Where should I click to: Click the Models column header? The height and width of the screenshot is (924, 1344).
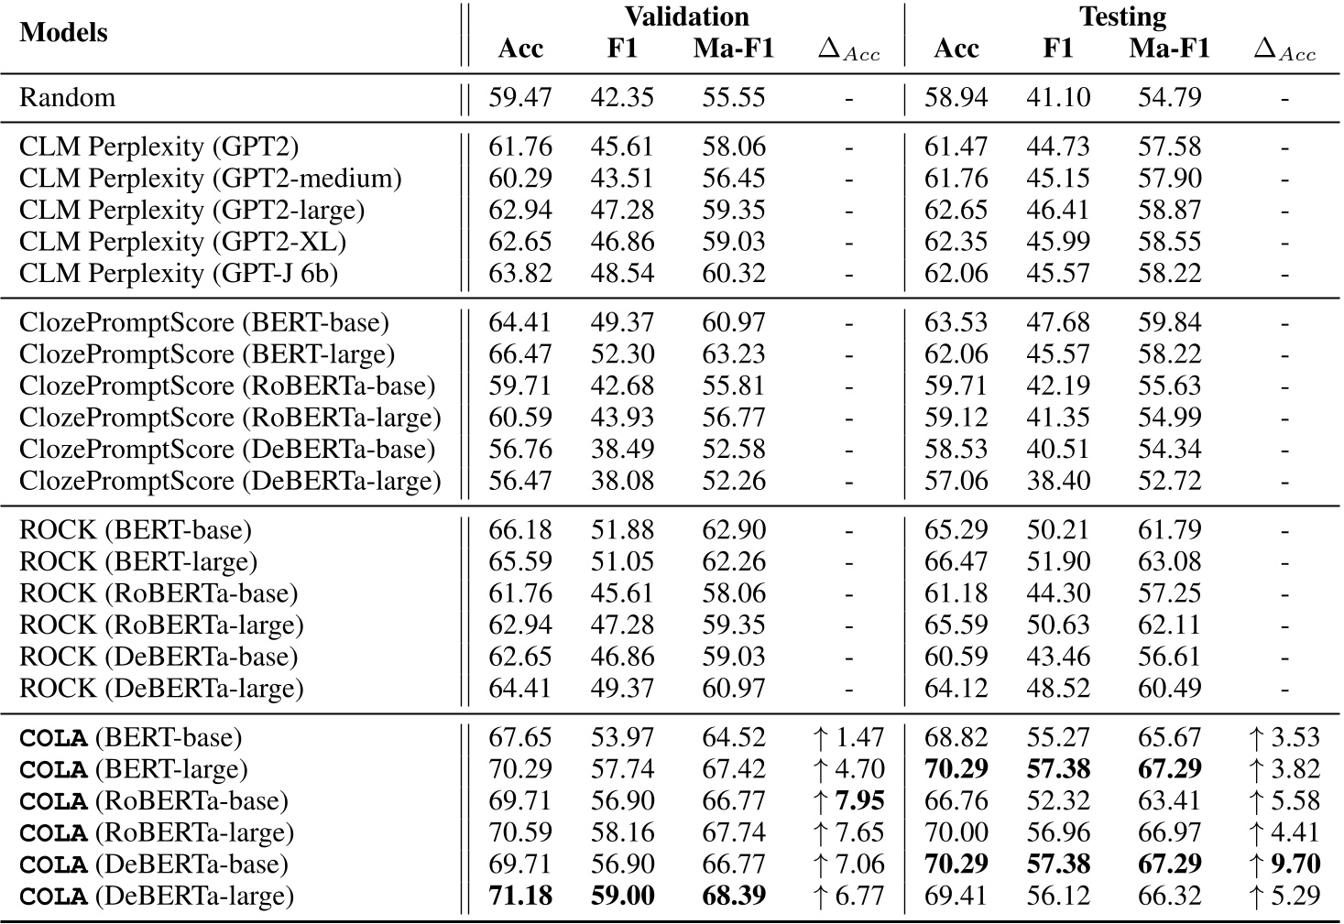[x=63, y=33]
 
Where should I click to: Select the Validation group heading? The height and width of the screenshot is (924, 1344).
[x=686, y=16]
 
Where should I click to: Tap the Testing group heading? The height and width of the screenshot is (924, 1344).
[x=1122, y=16]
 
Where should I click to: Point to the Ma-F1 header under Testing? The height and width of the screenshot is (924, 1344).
[x=1169, y=49]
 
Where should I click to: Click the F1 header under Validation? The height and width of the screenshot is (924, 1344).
[x=622, y=49]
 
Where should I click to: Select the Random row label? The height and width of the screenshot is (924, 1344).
[x=68, y=97]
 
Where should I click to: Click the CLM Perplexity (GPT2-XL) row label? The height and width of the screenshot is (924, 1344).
[x=182, y=242]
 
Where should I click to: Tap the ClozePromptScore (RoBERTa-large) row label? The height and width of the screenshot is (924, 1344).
[x=230, y=418]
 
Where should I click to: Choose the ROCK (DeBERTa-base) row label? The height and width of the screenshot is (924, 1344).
[x=158, y=657]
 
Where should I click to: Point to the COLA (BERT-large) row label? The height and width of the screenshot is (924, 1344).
[x=133, y=769]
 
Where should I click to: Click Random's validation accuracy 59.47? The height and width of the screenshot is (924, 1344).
[x=520, y=97]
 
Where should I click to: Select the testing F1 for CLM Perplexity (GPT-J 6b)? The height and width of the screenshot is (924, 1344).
[x=1058, y=273]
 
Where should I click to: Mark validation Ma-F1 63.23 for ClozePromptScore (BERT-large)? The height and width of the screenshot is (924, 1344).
[x=734, y=354]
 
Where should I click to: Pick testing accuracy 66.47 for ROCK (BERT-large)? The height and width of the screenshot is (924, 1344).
[x=956, y=561]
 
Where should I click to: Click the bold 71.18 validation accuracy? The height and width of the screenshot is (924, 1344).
[x=520, y=896]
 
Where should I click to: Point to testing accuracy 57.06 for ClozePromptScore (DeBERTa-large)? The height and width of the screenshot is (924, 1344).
[x=956, y=481]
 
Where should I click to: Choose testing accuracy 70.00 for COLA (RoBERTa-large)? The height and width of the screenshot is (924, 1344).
[x=956, y=832]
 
